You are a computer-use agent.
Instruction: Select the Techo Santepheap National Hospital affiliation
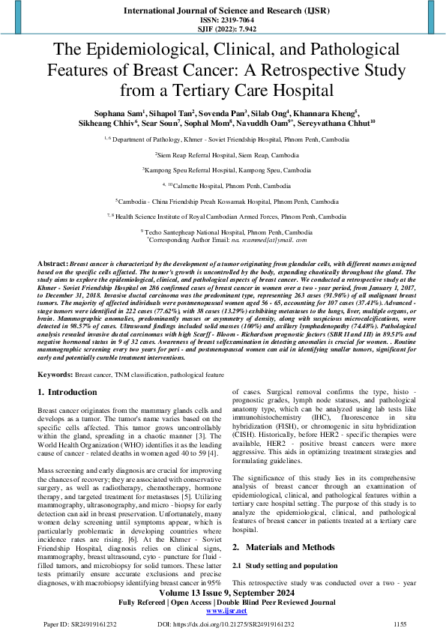click(223, 233)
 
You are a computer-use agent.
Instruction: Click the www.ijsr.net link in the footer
click(223, 612)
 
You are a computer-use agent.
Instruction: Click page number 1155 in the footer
click(400, 624)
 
